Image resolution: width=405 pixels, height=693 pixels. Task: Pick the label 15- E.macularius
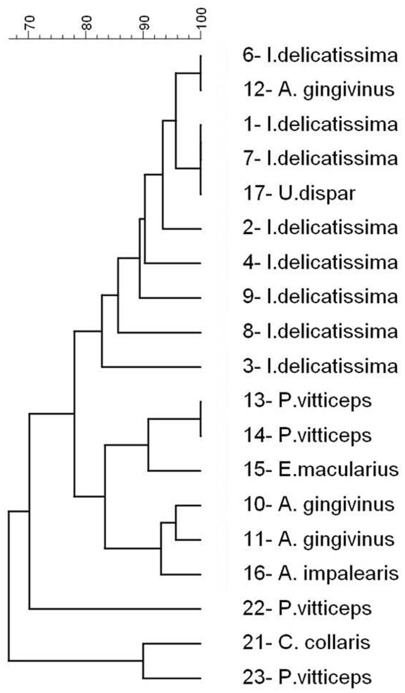319,471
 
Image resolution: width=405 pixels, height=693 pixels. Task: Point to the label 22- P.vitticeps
306,608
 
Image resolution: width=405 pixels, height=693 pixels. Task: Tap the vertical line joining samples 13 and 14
201,419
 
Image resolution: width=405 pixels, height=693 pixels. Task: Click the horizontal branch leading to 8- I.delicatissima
160,333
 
